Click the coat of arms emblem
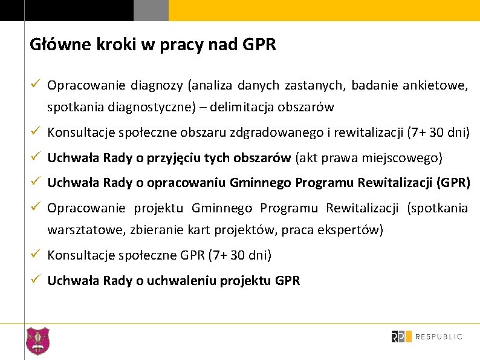coord(38,341)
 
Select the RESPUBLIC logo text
coord(439,336)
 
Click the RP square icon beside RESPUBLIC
coord(401,336)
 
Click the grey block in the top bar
coord(151,10)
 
